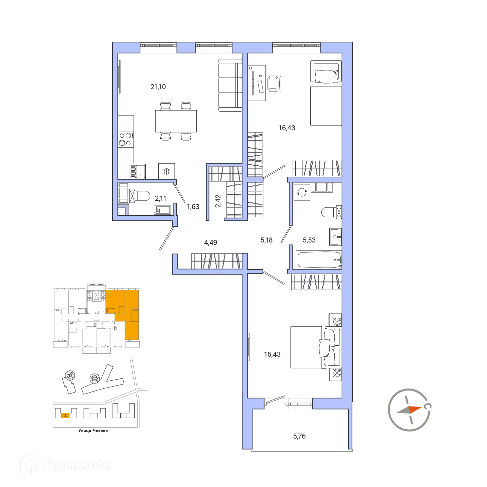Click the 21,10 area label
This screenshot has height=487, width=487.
(158, 87)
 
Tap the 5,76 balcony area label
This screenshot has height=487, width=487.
(299, 436)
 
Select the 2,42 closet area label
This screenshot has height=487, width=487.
(218, 201)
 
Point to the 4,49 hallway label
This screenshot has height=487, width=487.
(210, 242)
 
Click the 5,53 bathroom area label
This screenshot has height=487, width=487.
(309, 240)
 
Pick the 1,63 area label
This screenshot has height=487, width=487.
(193, 207)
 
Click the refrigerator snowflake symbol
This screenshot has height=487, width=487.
(166, 172)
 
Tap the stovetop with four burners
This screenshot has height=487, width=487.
(126, 139)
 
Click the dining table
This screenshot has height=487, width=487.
(176, 121)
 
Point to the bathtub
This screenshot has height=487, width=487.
(319, 260)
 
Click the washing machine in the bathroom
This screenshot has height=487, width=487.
(302, 192)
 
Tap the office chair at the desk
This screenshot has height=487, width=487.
(274, 84)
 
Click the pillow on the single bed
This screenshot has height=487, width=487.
(326, 76)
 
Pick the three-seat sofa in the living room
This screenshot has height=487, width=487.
(230, 85)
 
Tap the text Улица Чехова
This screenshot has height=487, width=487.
(93, 431)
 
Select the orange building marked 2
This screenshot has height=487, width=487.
(65, 416)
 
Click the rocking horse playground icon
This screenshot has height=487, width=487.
(70, 375)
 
